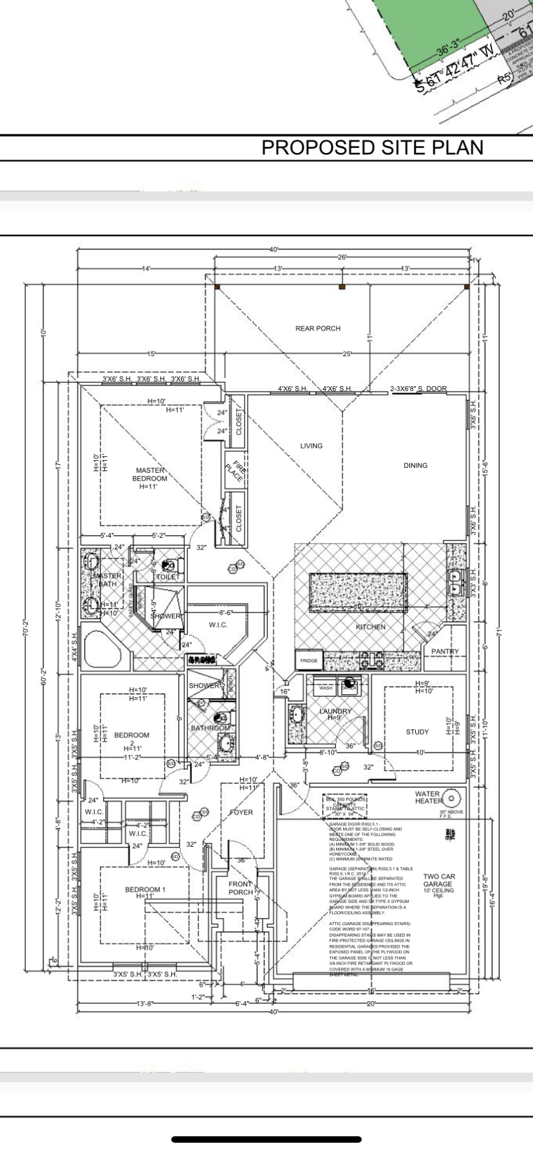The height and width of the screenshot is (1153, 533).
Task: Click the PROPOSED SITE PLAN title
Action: tap(372, 147)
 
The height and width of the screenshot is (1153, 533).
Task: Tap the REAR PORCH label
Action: tap(318, 328)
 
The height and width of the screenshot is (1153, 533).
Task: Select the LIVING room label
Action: tap(311, 446)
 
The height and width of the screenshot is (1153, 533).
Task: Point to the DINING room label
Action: tap(415, 465)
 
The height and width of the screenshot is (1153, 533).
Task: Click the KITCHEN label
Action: tap(371, 627)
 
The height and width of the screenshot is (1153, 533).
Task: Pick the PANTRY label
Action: tap(445, 652)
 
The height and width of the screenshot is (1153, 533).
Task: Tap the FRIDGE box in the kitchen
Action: tap(309, 661)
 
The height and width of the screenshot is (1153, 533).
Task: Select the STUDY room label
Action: tap(417, 732)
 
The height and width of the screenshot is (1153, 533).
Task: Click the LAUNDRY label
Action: tap(335, 711)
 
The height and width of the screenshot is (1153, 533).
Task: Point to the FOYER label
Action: tap(241, 812)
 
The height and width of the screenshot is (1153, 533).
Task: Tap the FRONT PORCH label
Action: tap(241, 888)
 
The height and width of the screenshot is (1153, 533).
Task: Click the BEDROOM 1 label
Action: tap(145, 890)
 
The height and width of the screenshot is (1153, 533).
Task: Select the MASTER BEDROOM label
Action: tap(149, 474)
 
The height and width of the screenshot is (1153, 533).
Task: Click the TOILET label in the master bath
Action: tap(168, 577)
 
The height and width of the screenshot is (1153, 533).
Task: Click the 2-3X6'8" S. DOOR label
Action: tap(418, 389)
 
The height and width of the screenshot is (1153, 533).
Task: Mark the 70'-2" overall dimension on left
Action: tap(27, 631)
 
